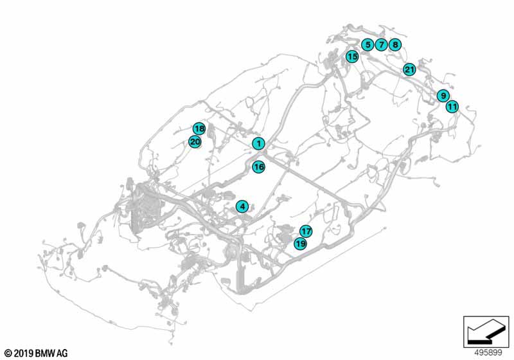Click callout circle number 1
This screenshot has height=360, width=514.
click(x=259, y=143)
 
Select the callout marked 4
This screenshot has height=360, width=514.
click(x=242, y=206)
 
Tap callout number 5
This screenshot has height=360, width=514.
click(x=368, y=44)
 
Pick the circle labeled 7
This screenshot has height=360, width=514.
click(x=381, y=44)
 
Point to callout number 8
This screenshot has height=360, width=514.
click(x=395, y=44)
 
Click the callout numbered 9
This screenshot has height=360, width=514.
click(x=443, y=95)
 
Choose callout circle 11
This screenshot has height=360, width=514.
click(x=452, y=107)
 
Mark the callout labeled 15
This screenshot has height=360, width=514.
click(x=352, y=57)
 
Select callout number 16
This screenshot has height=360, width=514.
click(x=259, y=167)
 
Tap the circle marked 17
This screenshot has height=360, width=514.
click(x=306, y=231)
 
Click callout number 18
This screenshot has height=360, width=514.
click(x=199, y=129)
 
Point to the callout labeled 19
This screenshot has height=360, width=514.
click(x=300, y=244)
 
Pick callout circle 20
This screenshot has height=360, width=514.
click(x=195, y=142)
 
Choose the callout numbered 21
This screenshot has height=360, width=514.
click(x=409, y=69)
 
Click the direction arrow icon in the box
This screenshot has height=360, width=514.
click(x=486, y=332)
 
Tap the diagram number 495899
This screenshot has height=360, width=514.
click(x=488, y=352)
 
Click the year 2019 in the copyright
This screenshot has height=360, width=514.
click(x=24, y=354)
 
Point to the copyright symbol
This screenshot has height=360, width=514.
click(x=8, y=354)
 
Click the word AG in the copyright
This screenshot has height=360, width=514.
click(x=62, y=354)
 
